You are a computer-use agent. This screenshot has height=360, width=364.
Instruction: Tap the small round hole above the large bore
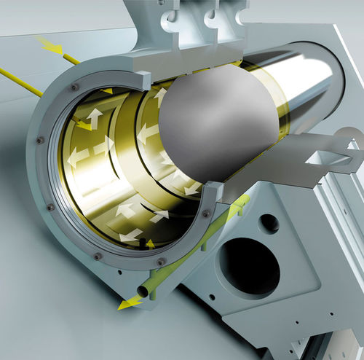(269, 223)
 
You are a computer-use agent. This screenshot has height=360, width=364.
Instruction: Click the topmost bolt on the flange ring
(75, 87)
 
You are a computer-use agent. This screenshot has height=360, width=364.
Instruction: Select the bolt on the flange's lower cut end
(206, 213)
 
